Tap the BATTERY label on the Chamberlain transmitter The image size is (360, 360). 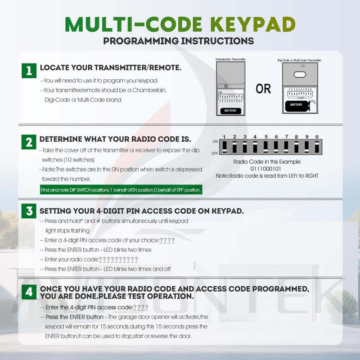tap(230, 111)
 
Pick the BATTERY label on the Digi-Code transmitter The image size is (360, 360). tap(296, 104)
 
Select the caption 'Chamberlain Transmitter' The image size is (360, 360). tap(230, 59)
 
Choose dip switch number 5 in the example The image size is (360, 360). tap(265, 147)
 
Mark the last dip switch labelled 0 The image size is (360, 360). tap(317, 147)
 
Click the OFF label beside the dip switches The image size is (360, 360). tap(215, 153)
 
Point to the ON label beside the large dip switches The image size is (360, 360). tap(215, 141)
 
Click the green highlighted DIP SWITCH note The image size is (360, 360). tap(121, 190)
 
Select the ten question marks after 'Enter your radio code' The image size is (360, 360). tap(117, 260)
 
